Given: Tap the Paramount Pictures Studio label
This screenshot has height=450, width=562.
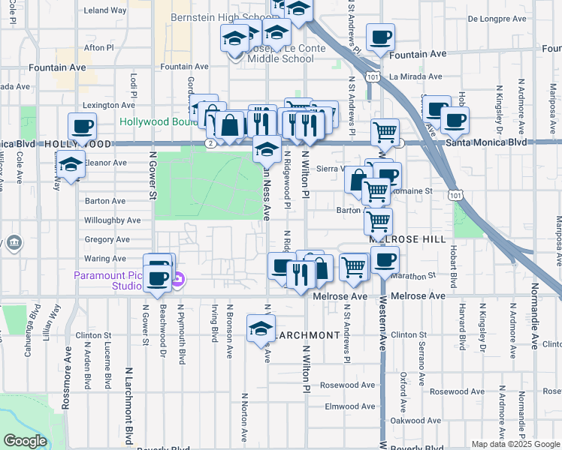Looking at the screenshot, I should coord(107,280).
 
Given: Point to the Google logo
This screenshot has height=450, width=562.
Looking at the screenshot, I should coord(25,441).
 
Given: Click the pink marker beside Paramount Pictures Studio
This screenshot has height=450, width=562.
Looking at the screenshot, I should coord(177,282).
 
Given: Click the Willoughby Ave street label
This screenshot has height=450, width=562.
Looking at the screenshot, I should coord(112,220).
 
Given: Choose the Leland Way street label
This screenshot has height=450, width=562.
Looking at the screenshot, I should coord(104,10).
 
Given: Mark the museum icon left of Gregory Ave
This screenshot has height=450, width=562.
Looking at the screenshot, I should coord(15,243).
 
